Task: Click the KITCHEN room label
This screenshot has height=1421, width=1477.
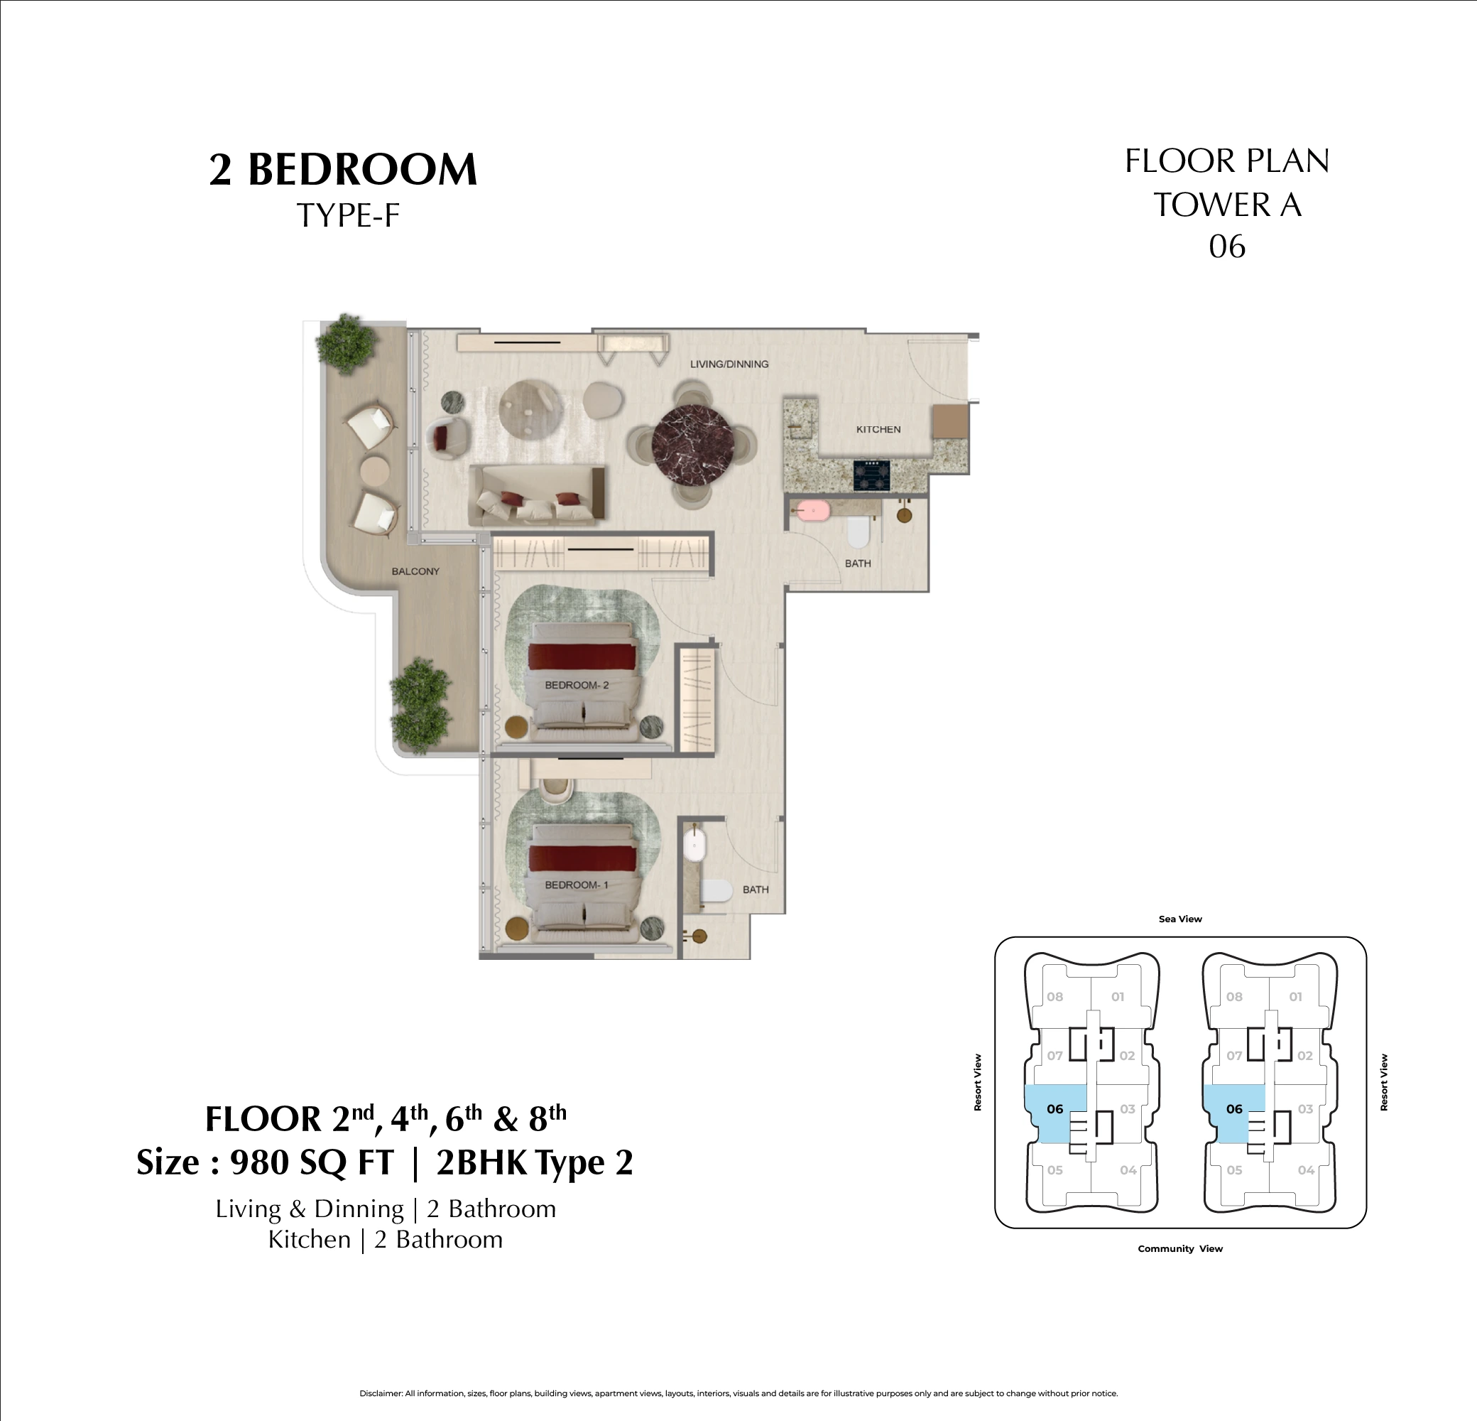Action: coord(878,429)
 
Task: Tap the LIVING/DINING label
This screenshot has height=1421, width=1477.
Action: coord(729,364)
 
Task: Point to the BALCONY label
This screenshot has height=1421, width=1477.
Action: coord(415,571)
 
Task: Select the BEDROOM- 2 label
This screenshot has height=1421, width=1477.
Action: coord(577,685)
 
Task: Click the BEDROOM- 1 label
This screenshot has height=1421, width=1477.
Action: coord(577,885)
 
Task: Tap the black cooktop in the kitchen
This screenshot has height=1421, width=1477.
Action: coord(871,475)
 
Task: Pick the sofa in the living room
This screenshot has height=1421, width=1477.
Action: coord(537,495)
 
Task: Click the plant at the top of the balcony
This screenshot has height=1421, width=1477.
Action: coord(346,344)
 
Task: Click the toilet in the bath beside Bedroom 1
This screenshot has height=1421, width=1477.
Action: coord(716,891)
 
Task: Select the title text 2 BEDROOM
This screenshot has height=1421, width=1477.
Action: coord(343,169)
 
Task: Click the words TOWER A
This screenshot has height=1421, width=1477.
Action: coord(1227,205)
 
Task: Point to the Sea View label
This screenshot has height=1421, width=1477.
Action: coord(1180,919)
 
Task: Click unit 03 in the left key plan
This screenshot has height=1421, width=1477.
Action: coord(1128,1109)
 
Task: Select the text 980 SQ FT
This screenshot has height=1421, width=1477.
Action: coord(312,1162)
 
